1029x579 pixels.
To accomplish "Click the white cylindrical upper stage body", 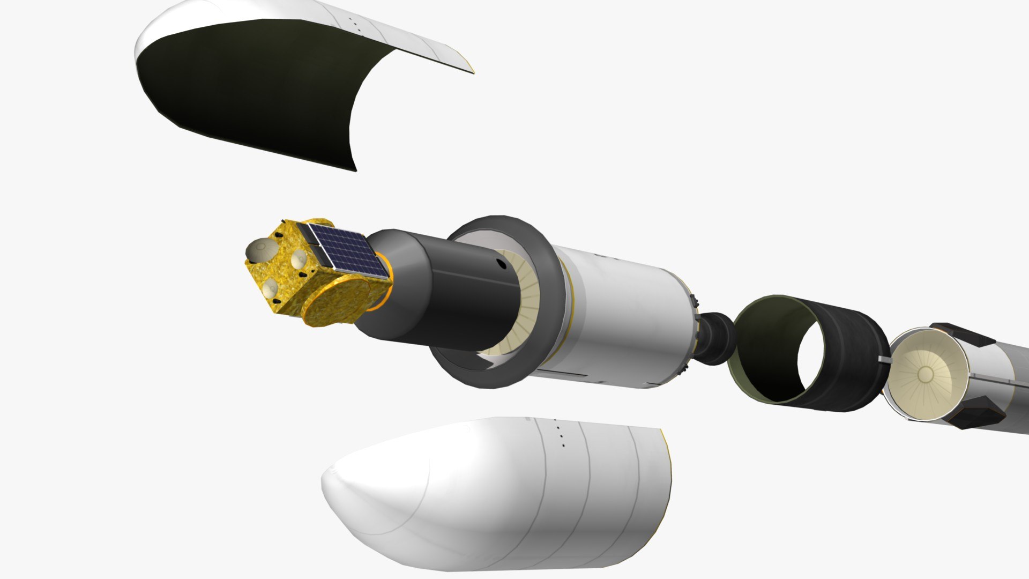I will click(x=627, y=316).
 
